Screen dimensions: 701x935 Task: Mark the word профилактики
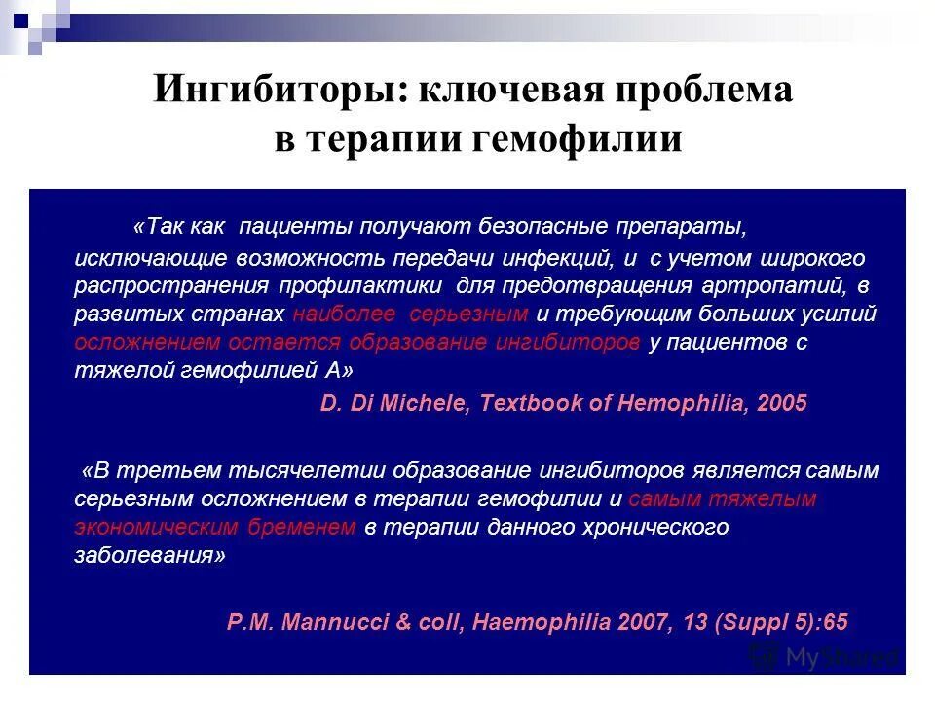click(363, 286)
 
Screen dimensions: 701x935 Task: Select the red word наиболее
click(345, 314)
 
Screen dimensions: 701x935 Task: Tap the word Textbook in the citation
click(527, 403)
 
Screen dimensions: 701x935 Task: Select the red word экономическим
click(156, 528)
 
